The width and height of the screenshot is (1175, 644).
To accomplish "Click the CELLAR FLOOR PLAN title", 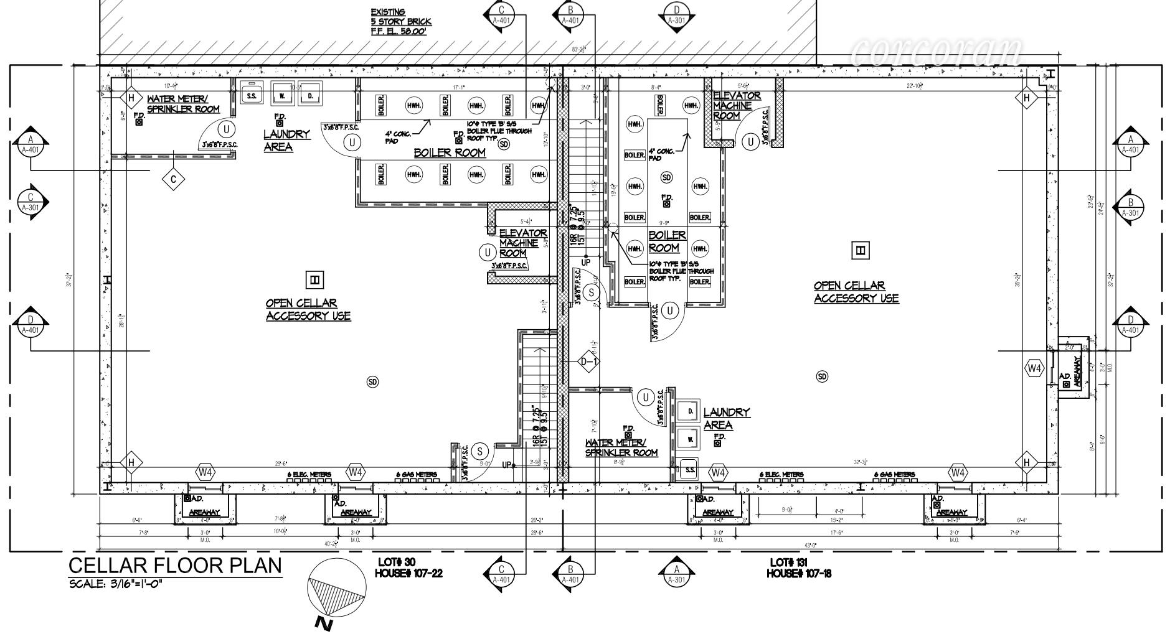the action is point(174,566).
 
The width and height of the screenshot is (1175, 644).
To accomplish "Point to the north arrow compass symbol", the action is point(337,589).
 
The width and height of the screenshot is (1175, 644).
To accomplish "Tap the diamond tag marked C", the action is point(173,180).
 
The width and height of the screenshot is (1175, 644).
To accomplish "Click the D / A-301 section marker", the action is point(676,15).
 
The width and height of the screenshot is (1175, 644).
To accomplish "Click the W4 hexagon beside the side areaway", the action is point(1034,369).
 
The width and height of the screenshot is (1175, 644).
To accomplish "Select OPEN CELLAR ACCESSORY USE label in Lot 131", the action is point(856,292).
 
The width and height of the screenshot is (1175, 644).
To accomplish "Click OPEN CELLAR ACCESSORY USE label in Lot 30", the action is point(308,309).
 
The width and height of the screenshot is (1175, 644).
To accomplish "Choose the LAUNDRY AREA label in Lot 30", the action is point(286,140).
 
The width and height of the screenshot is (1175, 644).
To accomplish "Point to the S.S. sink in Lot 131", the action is point(690,470).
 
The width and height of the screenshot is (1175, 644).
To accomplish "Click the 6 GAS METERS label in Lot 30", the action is point(417,475).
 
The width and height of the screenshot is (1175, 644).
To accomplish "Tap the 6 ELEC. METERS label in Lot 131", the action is point(781,475).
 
